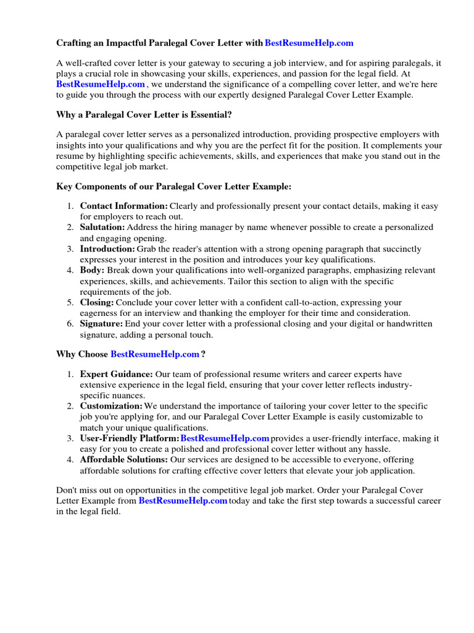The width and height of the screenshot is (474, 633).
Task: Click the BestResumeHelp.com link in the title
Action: pos(309,43)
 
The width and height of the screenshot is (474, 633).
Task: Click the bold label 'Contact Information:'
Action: pos(123,205)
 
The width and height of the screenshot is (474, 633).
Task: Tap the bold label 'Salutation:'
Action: pos(102,227)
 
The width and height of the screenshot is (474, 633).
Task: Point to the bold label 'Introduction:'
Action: pos(107,249)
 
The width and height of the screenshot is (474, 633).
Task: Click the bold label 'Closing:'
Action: pos(97,302)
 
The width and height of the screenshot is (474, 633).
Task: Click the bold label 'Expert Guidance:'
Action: pos(116,374)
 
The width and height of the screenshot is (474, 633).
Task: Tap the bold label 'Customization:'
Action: pos(111,406)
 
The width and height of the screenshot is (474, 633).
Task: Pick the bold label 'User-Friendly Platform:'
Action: pos(130,438)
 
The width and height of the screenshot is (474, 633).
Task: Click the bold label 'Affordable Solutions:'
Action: pos(123,460)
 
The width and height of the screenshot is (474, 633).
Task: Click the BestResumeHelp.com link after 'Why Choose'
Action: pos(155,354)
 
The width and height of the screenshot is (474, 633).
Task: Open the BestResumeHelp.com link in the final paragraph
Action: pos(183,501)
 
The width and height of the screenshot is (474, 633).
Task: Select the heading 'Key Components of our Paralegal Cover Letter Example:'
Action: pos(173,186)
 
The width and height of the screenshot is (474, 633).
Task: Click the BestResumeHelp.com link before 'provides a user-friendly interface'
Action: pos(225,438)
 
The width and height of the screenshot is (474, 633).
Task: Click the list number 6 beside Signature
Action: pos(71,324)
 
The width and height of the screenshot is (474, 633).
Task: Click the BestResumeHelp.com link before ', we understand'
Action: pos(101,84)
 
